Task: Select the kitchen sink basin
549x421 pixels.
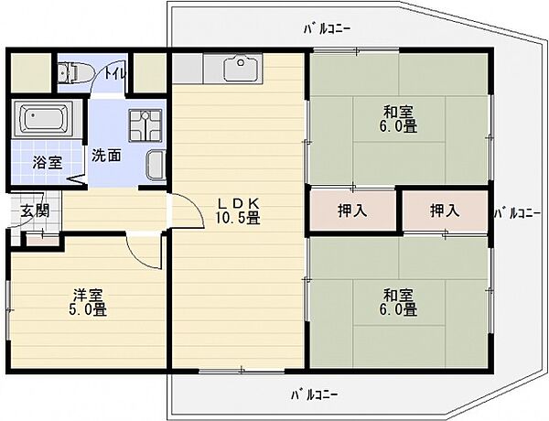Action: coord(242,68)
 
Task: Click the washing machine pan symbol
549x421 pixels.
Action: coord(145,125)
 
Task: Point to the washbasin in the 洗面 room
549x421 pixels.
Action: coord(156,165)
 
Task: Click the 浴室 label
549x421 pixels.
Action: coord(48,163)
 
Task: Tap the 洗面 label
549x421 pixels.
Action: coord(107,156)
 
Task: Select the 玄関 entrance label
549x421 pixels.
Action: coord(35,210)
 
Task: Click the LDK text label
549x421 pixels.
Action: coord(238,203)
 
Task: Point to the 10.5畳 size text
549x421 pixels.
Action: coord(238,218)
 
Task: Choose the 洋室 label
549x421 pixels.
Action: coord(88,295)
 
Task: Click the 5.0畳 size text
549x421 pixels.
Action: coord(88,309)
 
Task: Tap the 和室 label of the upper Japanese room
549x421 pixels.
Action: coord(398,112)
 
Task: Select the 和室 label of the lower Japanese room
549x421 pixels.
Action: coord(398,296)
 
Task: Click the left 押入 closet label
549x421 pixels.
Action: coord(352,210)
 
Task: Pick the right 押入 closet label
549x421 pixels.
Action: coord(445,210)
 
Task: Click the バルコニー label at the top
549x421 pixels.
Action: coord(327,29)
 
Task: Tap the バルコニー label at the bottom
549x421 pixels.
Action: coord(315,395)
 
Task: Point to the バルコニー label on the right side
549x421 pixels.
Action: coord(518,212)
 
